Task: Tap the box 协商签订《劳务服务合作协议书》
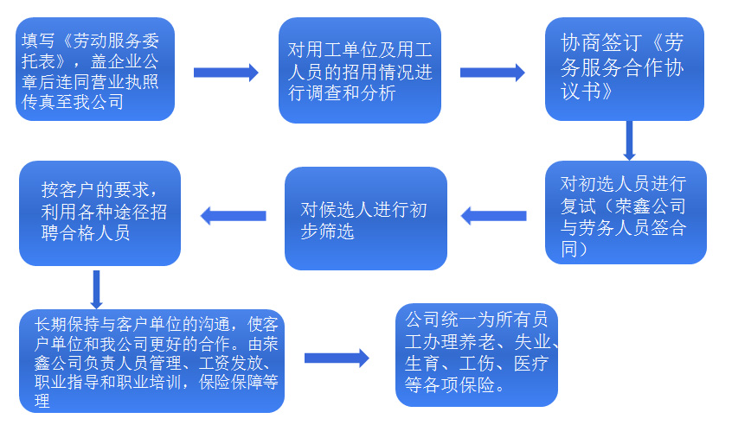[625, 69]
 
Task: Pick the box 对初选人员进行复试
[625, 212]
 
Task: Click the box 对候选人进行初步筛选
[366, 219]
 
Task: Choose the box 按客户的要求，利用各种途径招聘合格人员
[100, 212]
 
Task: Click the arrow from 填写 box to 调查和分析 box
[226, 73]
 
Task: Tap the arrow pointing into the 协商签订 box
[492, 73]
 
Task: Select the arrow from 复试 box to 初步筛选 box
[492, 216]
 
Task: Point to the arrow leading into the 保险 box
[337, 358]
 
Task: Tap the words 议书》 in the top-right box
[588, 90]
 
